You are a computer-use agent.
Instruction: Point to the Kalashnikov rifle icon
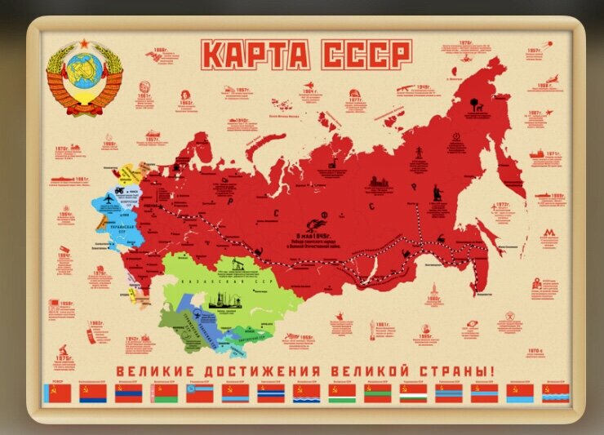tap(405, 87)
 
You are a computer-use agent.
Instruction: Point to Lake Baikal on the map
tap(377, 263)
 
